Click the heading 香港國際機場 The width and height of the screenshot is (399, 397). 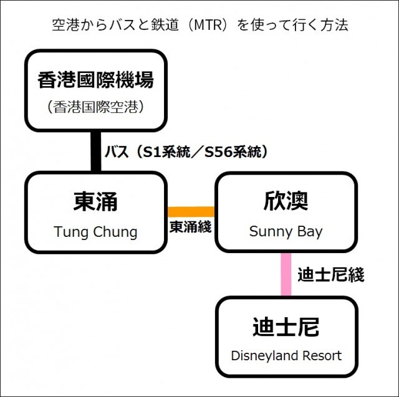tap(95, 80)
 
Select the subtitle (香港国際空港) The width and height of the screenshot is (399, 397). tap(95, 107)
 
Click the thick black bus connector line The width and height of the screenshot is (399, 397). tap(95, 151)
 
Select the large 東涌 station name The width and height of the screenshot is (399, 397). tap(95, 202)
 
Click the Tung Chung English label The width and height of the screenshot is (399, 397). tap(95, 232)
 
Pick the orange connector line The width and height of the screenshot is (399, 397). tap(191, 211)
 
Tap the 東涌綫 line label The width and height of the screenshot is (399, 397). tap(191, 227)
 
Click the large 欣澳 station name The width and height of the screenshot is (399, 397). tap(286, 202)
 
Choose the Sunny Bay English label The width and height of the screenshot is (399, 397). tap(286, 232)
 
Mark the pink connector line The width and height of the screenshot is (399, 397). tap(286, 274)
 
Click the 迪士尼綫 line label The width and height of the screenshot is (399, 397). tap(330, 274)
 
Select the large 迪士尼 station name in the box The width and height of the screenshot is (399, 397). tap(286, 327)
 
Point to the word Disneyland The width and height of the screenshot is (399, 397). tap(264, 356)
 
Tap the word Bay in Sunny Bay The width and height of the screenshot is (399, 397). tap(309, 232)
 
